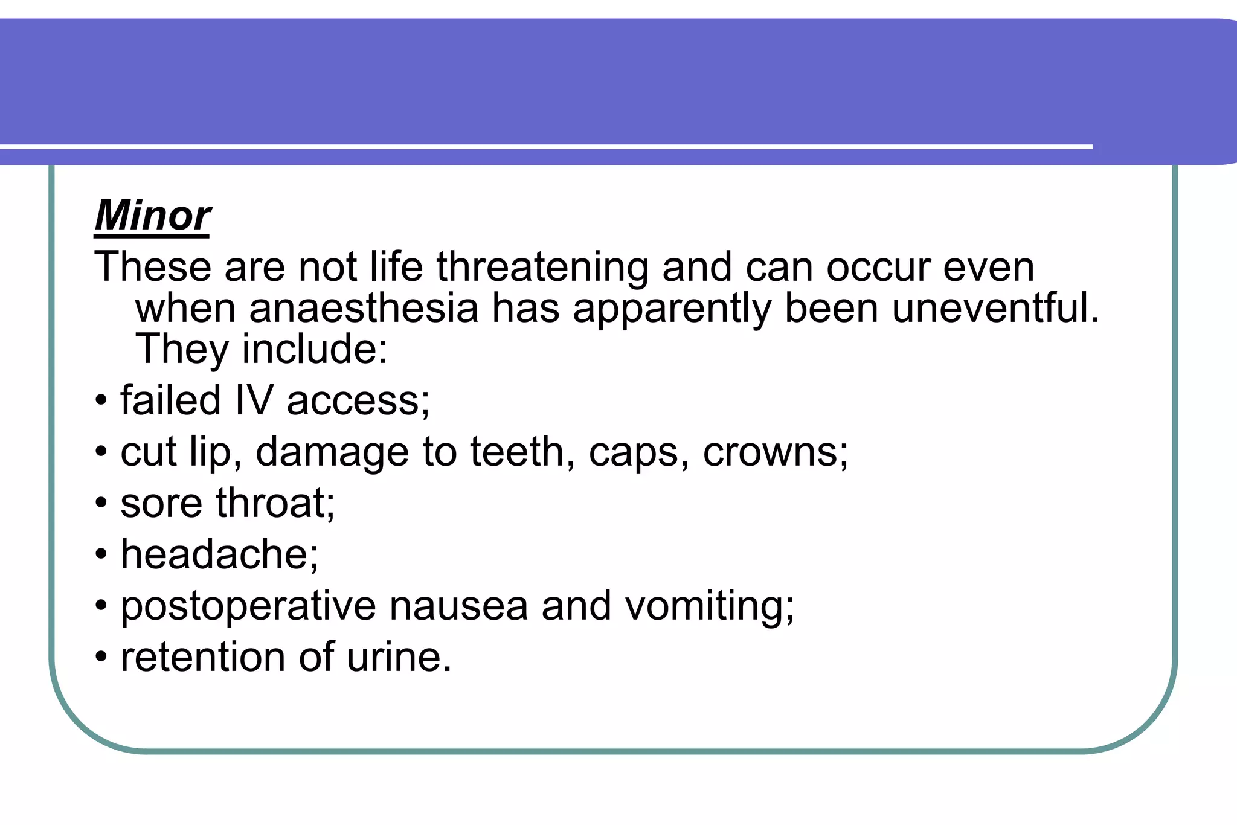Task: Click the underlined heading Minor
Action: point(152,216)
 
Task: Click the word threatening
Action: point(542,267)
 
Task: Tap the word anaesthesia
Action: point(364,308)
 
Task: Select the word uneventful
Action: point(995,308)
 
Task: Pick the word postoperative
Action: point(248,606)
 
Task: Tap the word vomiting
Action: point(709,606)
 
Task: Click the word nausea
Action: point(458,606)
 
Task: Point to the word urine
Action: point(399,657)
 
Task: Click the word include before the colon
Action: point(314,349)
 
